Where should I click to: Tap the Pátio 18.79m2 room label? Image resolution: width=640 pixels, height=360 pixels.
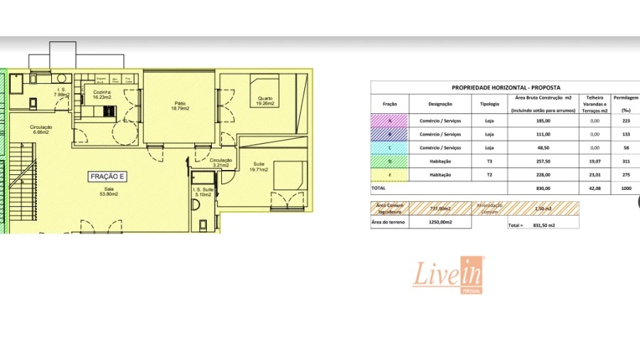point(179,106)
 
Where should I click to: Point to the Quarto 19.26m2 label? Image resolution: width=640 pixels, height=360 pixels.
point(265,101)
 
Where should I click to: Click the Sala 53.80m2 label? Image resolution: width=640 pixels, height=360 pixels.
point(107,191)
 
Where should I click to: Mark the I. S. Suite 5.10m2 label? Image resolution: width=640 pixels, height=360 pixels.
point(203,191)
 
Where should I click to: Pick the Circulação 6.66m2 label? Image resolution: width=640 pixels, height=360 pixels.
point(40,129)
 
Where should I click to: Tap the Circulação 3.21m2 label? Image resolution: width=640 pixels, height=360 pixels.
point(220,162)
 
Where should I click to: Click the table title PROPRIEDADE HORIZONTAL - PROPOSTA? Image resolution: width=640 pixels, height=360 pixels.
point(506,88)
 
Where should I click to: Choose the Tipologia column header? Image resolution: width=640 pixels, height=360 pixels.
point(489,104)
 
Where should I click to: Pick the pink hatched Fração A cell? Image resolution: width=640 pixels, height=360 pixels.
point(390,121)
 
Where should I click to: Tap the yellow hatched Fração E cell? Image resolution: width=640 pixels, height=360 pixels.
point(390,174)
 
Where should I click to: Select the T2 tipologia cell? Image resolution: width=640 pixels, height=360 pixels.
point(489,174)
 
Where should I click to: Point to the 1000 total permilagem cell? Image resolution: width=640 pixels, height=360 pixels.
point(626,188)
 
